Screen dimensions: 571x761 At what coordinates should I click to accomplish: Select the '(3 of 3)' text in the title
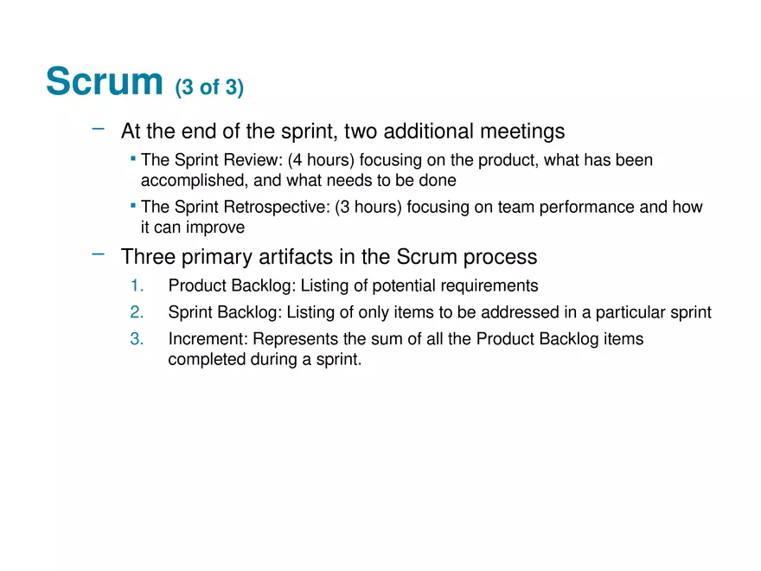click(x=209, y=87)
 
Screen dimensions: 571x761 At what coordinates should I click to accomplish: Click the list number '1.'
click(x=137, y=285)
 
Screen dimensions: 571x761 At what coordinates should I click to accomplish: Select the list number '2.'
click(x=137, y=312)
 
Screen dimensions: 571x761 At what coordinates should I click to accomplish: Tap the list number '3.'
click(x=137, y=339)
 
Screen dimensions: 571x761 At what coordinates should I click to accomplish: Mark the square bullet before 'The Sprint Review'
click(x=133, y=158)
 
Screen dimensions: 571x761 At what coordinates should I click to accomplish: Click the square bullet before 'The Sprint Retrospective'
click(x=133, y=206)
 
